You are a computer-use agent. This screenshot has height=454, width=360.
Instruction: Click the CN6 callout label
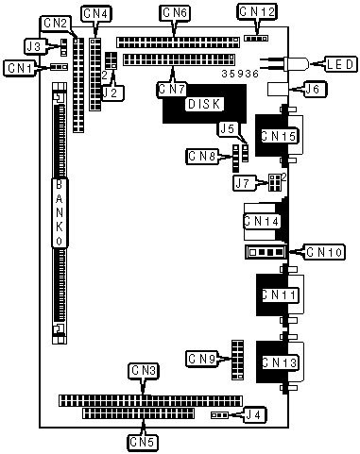176,13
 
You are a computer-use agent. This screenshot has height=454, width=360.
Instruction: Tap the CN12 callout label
257,12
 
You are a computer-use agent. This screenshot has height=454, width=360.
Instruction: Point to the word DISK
204,104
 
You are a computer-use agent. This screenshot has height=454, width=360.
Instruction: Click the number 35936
240,74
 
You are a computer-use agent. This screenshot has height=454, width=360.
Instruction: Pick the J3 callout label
35,46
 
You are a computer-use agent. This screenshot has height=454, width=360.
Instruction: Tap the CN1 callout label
21,68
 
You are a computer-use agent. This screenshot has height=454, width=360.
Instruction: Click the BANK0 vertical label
60,213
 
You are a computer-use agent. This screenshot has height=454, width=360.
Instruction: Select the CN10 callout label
324,252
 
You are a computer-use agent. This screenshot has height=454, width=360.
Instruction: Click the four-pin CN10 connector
266,252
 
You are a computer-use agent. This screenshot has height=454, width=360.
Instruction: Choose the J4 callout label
254,415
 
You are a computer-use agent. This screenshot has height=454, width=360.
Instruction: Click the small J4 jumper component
219,415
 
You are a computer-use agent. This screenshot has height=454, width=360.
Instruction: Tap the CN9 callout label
202,359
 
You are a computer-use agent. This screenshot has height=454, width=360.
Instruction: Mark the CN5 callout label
143,443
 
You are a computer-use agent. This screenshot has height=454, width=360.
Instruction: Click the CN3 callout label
144,371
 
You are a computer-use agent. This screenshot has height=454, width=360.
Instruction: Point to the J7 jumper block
275,182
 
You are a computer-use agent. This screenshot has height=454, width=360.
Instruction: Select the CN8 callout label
202,156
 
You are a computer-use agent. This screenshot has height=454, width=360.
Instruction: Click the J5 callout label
229,129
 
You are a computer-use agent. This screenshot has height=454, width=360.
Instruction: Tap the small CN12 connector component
256,39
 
